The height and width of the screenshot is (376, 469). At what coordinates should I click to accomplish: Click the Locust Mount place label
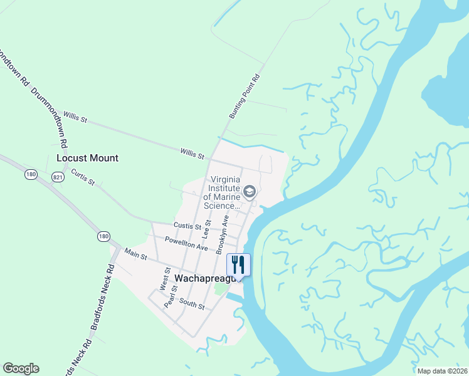(87, 158)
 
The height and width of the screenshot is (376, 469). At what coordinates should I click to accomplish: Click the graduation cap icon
(250, 191)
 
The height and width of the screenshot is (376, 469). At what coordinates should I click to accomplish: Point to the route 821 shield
(58, 177)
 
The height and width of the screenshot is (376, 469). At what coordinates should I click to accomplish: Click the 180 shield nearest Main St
(103, 236)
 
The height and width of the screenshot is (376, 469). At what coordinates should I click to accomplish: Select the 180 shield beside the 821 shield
(31, 174)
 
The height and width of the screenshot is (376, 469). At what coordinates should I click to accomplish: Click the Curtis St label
(82, 177)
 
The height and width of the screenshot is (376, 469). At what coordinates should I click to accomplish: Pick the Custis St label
(187, 226)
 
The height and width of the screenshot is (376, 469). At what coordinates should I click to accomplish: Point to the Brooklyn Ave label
(222, 235)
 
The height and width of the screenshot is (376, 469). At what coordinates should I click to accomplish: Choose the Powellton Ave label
(186, 244)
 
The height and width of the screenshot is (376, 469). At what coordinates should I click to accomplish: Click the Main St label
(135, 254)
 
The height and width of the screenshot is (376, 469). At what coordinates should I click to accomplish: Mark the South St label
(192, 305)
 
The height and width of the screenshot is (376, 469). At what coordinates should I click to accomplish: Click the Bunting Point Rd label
(245, 97)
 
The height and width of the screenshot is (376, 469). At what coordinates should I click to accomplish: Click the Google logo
(21, 368)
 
